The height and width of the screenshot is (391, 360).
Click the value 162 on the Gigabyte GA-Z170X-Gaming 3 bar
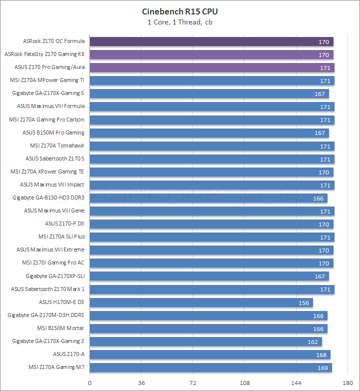[x=313, y=341]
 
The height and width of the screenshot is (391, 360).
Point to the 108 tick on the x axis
[x=244, y=383]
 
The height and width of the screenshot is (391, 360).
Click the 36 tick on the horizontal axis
[x=142, y=383]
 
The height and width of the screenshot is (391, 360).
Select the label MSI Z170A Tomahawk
[x=57, y=145]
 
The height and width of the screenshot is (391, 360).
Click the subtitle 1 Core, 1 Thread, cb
[x=179, y=22]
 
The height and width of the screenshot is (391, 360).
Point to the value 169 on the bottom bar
[x=323, y=368]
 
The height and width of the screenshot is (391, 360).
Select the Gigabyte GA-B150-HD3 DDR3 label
[x=48, y=197]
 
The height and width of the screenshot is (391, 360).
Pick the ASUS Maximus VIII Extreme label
[x=50, y=249]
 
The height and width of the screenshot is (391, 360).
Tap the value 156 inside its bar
[x=304, y=302]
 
